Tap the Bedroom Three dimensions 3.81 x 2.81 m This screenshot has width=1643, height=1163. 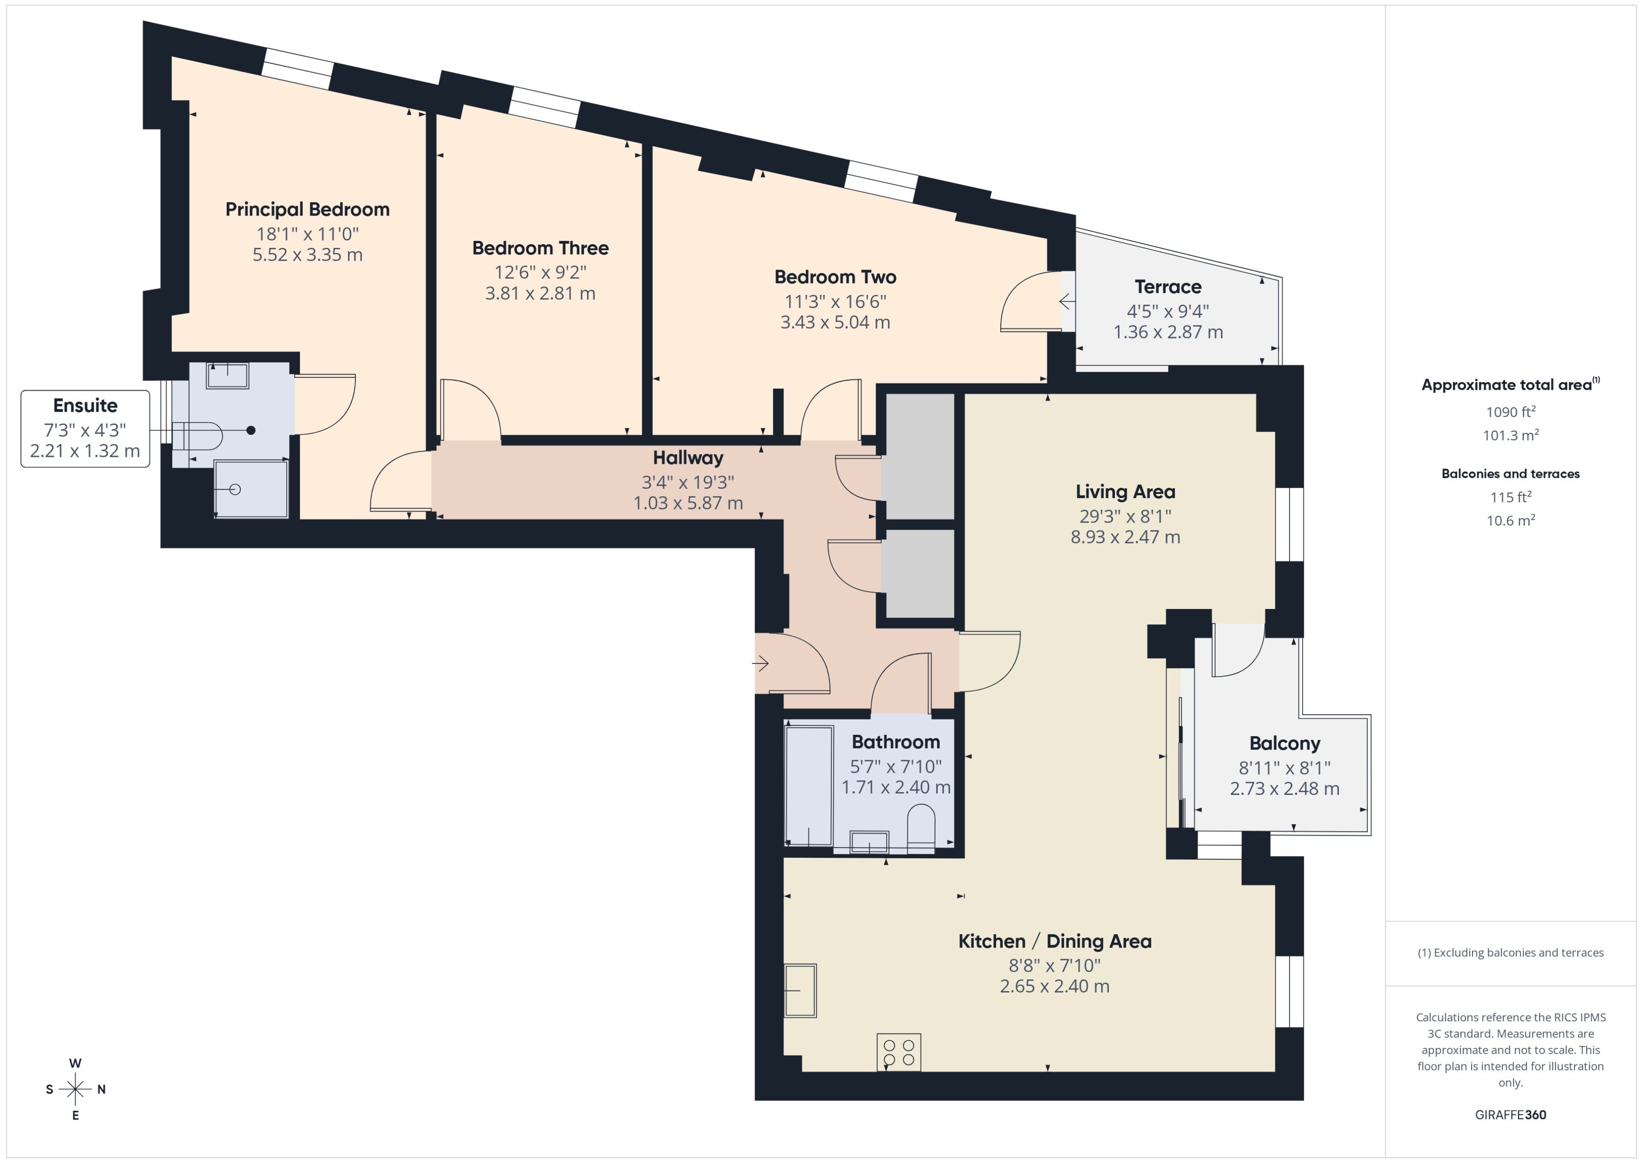tap(540, 293)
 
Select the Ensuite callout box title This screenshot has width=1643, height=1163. tap(85, 405)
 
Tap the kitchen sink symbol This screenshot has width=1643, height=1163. tap(799, 990)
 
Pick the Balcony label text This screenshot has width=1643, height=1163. tap(1284, 743)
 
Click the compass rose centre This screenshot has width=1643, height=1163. tap(75, 1089)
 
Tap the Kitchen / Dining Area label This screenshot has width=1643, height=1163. tap(1054, 941)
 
